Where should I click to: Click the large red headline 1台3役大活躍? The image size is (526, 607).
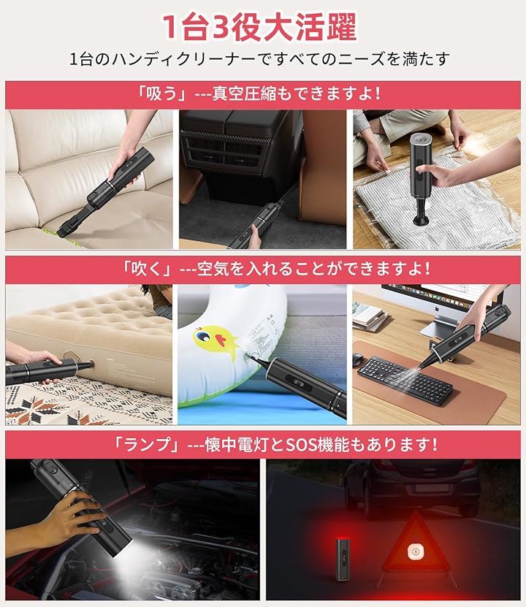tap(259, 27)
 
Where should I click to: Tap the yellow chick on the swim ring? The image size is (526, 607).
tap(211, 340)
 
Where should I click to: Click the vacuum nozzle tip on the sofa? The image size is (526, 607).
tap(62, 232)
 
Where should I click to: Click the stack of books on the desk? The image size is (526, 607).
tap(370, 316)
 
